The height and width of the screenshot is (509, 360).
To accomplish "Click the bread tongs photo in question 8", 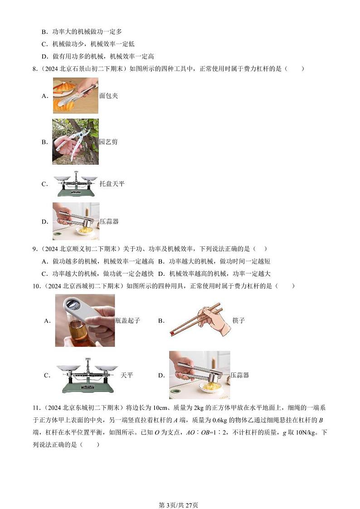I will pyautogui.click(x=75, y=95).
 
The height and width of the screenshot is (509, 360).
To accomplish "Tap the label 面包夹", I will pyautogui.click(x=109, y=96).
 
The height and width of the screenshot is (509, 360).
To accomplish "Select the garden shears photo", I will pyautogui.click(x=75, y=142).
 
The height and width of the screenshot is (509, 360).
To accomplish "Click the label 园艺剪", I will pyautogui.click(x=108, y=142).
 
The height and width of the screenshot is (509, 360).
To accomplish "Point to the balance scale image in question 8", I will pyautogui.click(x=75, y=184).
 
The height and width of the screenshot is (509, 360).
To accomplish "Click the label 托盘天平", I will pyautogui.click(x=112, y=184).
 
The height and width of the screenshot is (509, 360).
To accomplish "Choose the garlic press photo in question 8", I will pyautogui.click(x=75, y=221).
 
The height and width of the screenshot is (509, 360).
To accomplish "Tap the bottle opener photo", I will pyautogui.click(x=85, y=320).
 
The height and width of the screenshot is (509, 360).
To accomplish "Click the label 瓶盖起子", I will pyautogui.click(x=128, y=321).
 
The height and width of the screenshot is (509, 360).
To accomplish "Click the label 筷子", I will pyautogui.click(x=239, y=321).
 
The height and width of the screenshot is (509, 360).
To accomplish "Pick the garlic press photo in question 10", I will pyautogui.click(x=199, y=375).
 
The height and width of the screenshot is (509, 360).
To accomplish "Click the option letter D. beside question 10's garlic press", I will pyautogui.click(x=161, y=375).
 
